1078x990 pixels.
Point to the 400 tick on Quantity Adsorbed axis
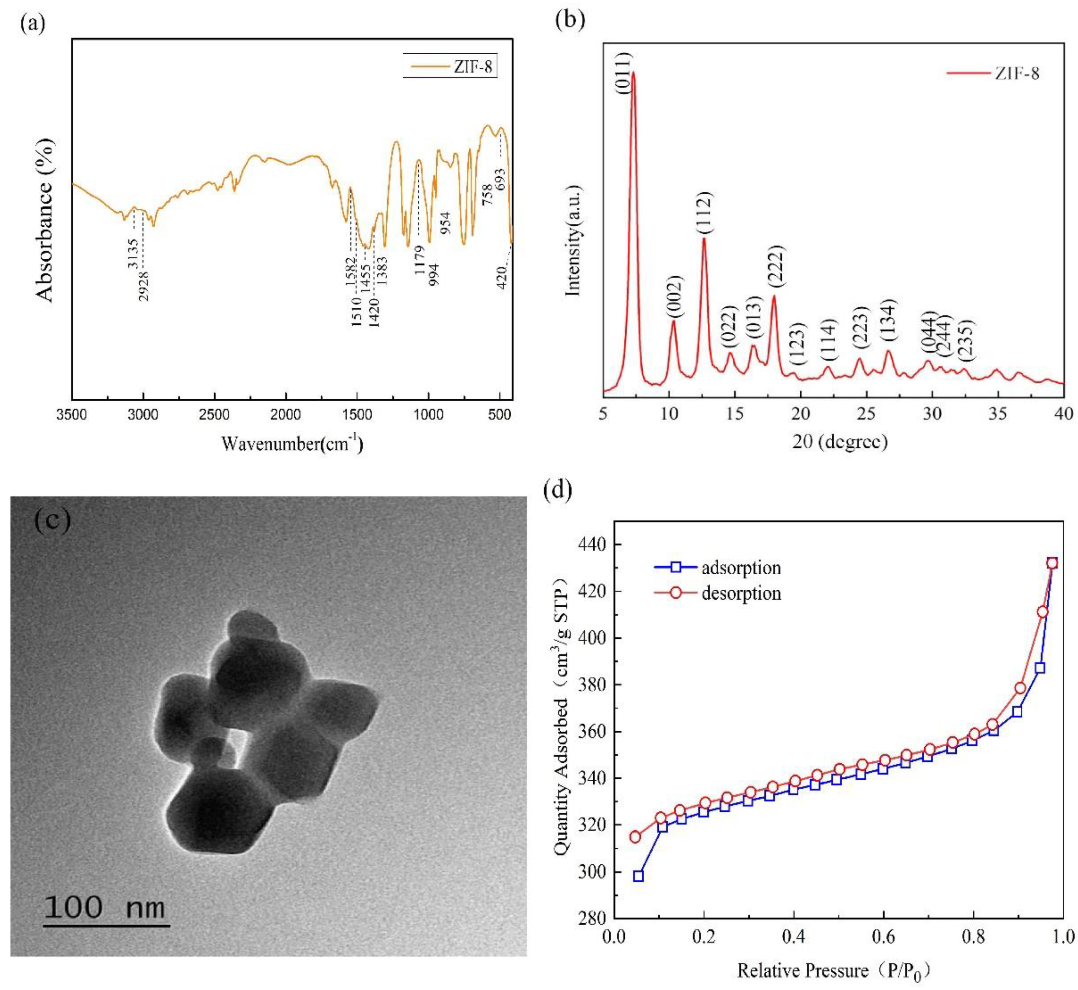[x=590, y=638]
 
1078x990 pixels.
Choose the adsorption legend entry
[x=740, y=567]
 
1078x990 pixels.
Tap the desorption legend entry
[x=740, y=593]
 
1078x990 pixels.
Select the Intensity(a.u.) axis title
[x=574, y=239]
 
